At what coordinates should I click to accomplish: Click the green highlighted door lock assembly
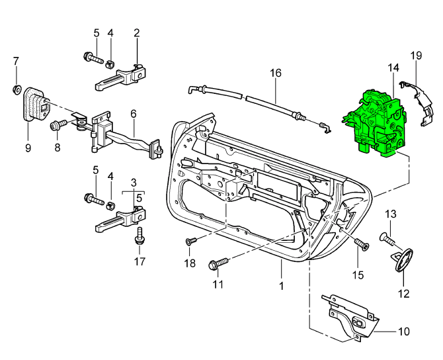coord(376,123)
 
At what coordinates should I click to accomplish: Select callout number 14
coord(393,68)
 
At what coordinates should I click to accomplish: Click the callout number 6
coord(133,114)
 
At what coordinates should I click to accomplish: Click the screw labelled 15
coord(361,245)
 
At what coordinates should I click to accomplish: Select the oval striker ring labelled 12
coord(402,259)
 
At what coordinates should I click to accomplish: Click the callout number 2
coord(137,32)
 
